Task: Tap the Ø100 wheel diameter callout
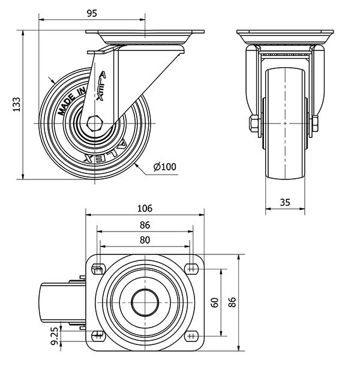(x=164, y=167)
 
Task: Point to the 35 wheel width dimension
(x=285, y=202)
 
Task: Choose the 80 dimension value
(x=145, y=239)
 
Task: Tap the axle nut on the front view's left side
(x=252, y=124)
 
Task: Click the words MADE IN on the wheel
(x=71, y=99)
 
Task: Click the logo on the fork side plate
(x=101, y=84)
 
